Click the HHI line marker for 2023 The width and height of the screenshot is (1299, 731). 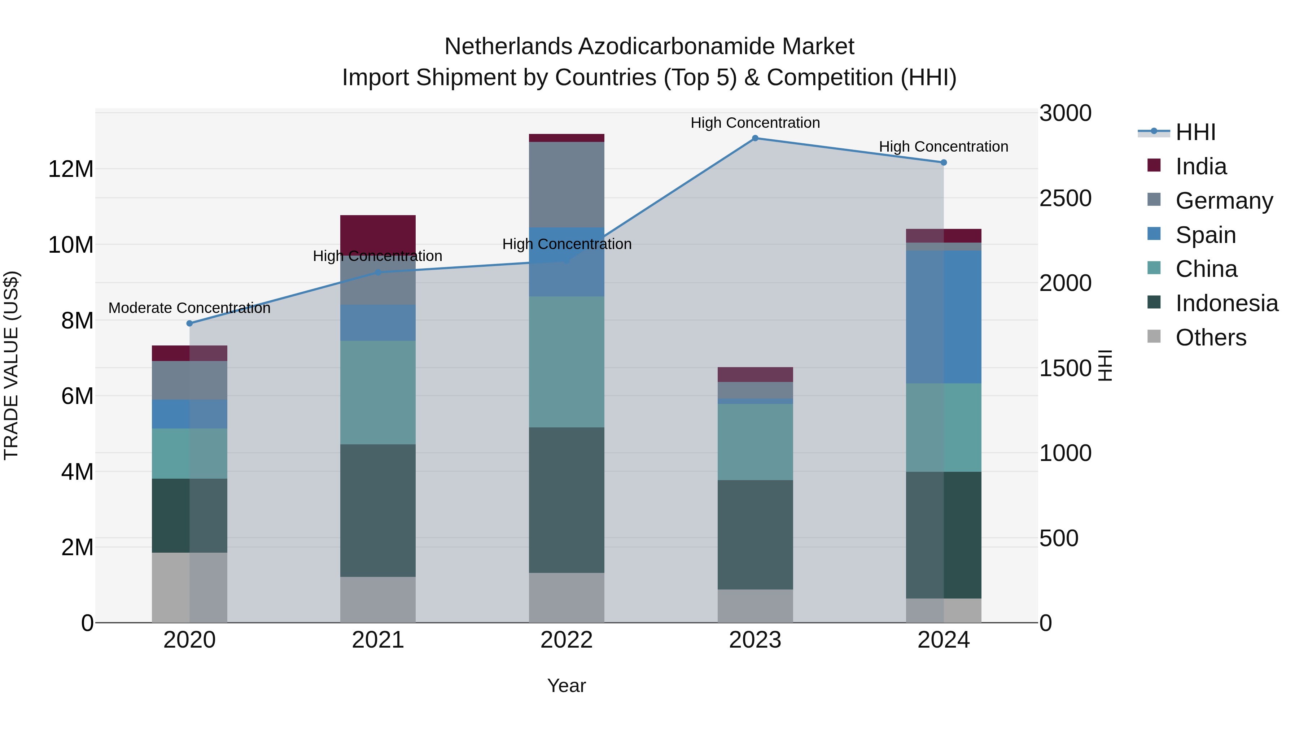pos(755,138)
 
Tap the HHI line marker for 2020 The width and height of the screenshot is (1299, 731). pos(189,323)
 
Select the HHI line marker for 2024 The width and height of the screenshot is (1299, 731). pos(944,162)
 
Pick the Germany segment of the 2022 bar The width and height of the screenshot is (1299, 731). pos(566,184)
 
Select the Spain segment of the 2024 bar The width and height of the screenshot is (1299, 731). pos(944,317)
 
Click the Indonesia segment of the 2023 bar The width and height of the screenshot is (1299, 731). pos(755,535)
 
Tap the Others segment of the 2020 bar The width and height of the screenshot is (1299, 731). pos(189,588)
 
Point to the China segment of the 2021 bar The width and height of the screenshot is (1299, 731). pos(378,392)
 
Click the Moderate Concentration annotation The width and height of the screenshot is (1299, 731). pos(189,308)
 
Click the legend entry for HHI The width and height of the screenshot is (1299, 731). pos(1195,132)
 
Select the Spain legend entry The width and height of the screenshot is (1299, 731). pos(1205,235)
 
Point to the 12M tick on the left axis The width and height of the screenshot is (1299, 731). pos(71,169)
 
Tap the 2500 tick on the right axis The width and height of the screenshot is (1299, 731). pos(1065,198)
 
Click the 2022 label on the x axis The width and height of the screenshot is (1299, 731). pos(566,640)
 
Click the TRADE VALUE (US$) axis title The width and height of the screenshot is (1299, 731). pos(11,365)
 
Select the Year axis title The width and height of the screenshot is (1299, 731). pos(566,686)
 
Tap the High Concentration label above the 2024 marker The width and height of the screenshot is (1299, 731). pos(944,147)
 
